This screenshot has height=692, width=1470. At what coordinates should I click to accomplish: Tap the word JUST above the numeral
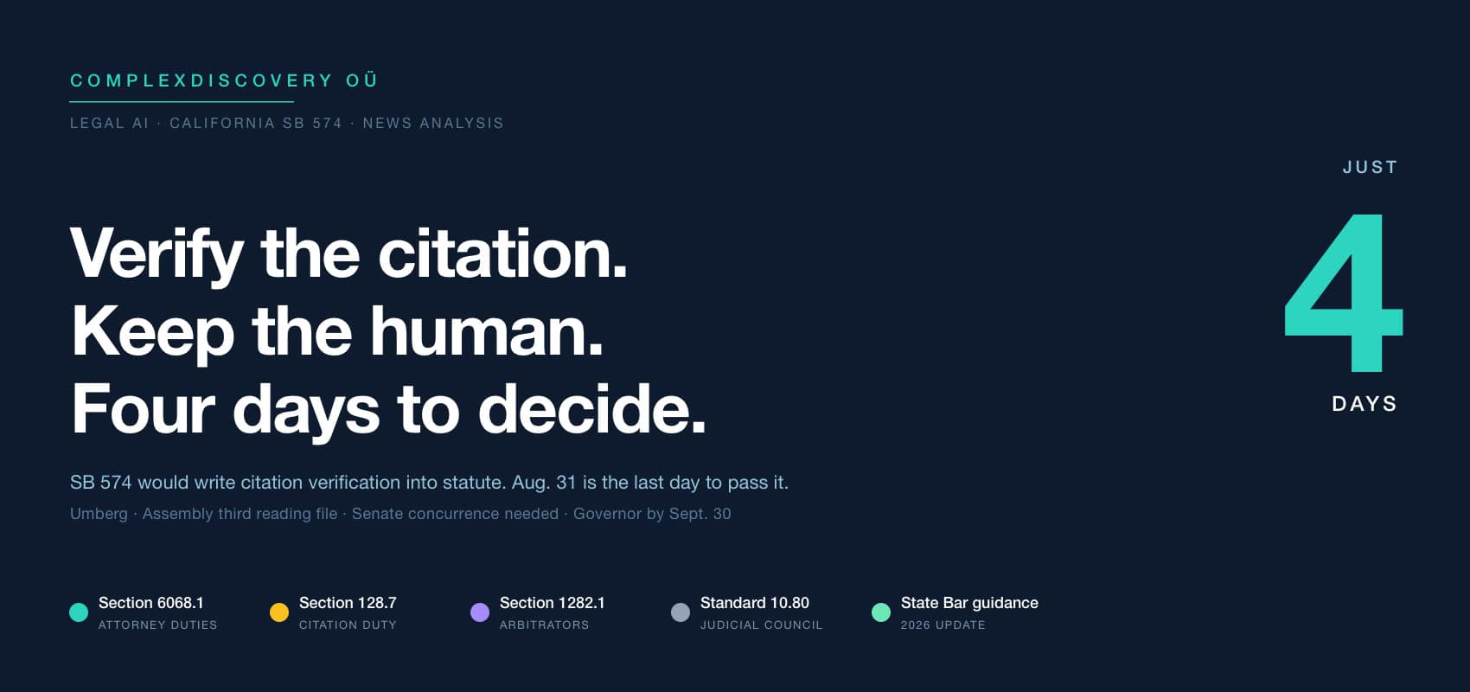(x=1371, y=168)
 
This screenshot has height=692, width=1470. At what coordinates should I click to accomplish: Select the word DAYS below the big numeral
(x=1365, y=404)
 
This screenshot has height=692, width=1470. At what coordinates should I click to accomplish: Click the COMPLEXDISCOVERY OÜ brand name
(x=224, y=80)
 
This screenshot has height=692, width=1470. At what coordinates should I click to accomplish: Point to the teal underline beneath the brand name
(x=181, y=102)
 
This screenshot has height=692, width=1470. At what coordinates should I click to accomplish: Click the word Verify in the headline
(x=157, y=254)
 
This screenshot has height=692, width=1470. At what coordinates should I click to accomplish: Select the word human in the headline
(x=486, y=331)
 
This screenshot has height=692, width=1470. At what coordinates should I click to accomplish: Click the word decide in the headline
(x=592, y=408)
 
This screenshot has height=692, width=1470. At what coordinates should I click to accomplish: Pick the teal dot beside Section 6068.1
(x=79, y=612)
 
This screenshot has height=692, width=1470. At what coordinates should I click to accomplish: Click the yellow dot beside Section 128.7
(x=279, y=612)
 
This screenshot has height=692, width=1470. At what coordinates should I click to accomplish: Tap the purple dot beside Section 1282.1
(x=480, y=612)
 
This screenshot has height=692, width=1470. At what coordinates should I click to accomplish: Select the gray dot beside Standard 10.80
(x=681, y=612)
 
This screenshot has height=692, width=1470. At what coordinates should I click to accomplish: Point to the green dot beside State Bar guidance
(x=880, y=612)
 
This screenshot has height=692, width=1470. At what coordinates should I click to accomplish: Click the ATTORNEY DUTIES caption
(x=157, y=625)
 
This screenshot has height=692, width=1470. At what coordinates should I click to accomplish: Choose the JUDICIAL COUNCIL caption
(x=761, y=625)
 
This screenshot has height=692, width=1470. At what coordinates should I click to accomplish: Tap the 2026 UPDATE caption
(x=943, y=625)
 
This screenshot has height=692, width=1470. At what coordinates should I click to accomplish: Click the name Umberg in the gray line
(x=99, y=514)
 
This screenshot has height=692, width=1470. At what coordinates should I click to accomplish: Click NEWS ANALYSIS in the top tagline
(x=433, y=124)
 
